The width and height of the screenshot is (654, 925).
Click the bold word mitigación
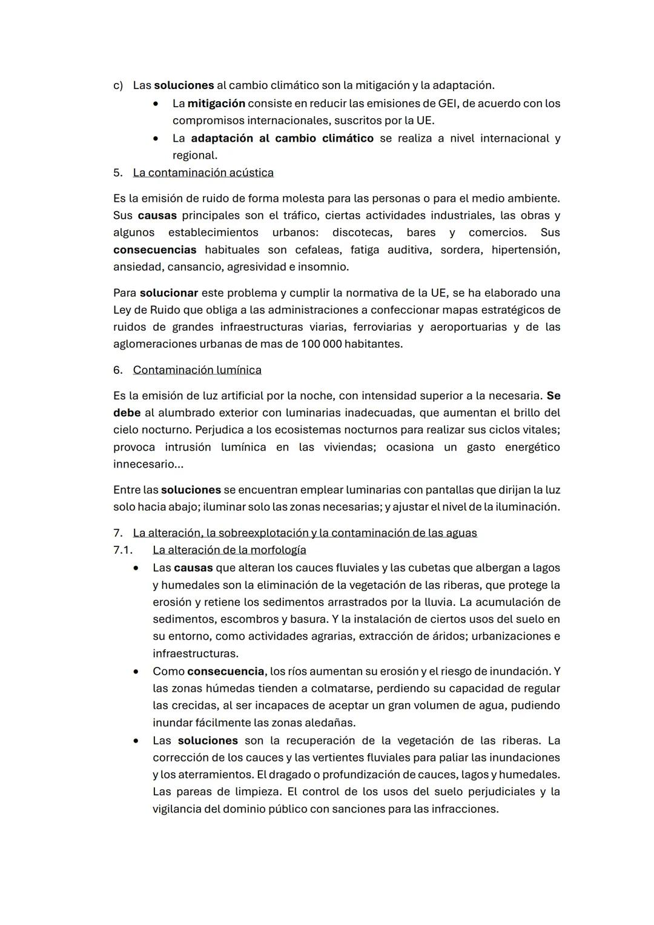pos(216,104)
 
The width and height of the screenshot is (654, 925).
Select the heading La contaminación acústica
pos(203,173)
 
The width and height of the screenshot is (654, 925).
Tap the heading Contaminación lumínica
pos(197,370)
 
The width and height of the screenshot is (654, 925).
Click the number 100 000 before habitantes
pos(322,344)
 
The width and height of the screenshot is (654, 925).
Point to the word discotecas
pos(362,233)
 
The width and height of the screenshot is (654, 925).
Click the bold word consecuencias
pos(154,250)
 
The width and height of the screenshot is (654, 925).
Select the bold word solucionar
pos(168,293)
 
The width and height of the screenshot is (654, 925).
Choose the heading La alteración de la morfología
pos(229,550)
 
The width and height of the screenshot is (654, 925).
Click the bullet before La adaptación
pos(156,139)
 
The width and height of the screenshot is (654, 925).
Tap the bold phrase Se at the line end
pos(553,396)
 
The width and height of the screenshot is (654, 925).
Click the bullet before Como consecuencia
pos(137,672)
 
